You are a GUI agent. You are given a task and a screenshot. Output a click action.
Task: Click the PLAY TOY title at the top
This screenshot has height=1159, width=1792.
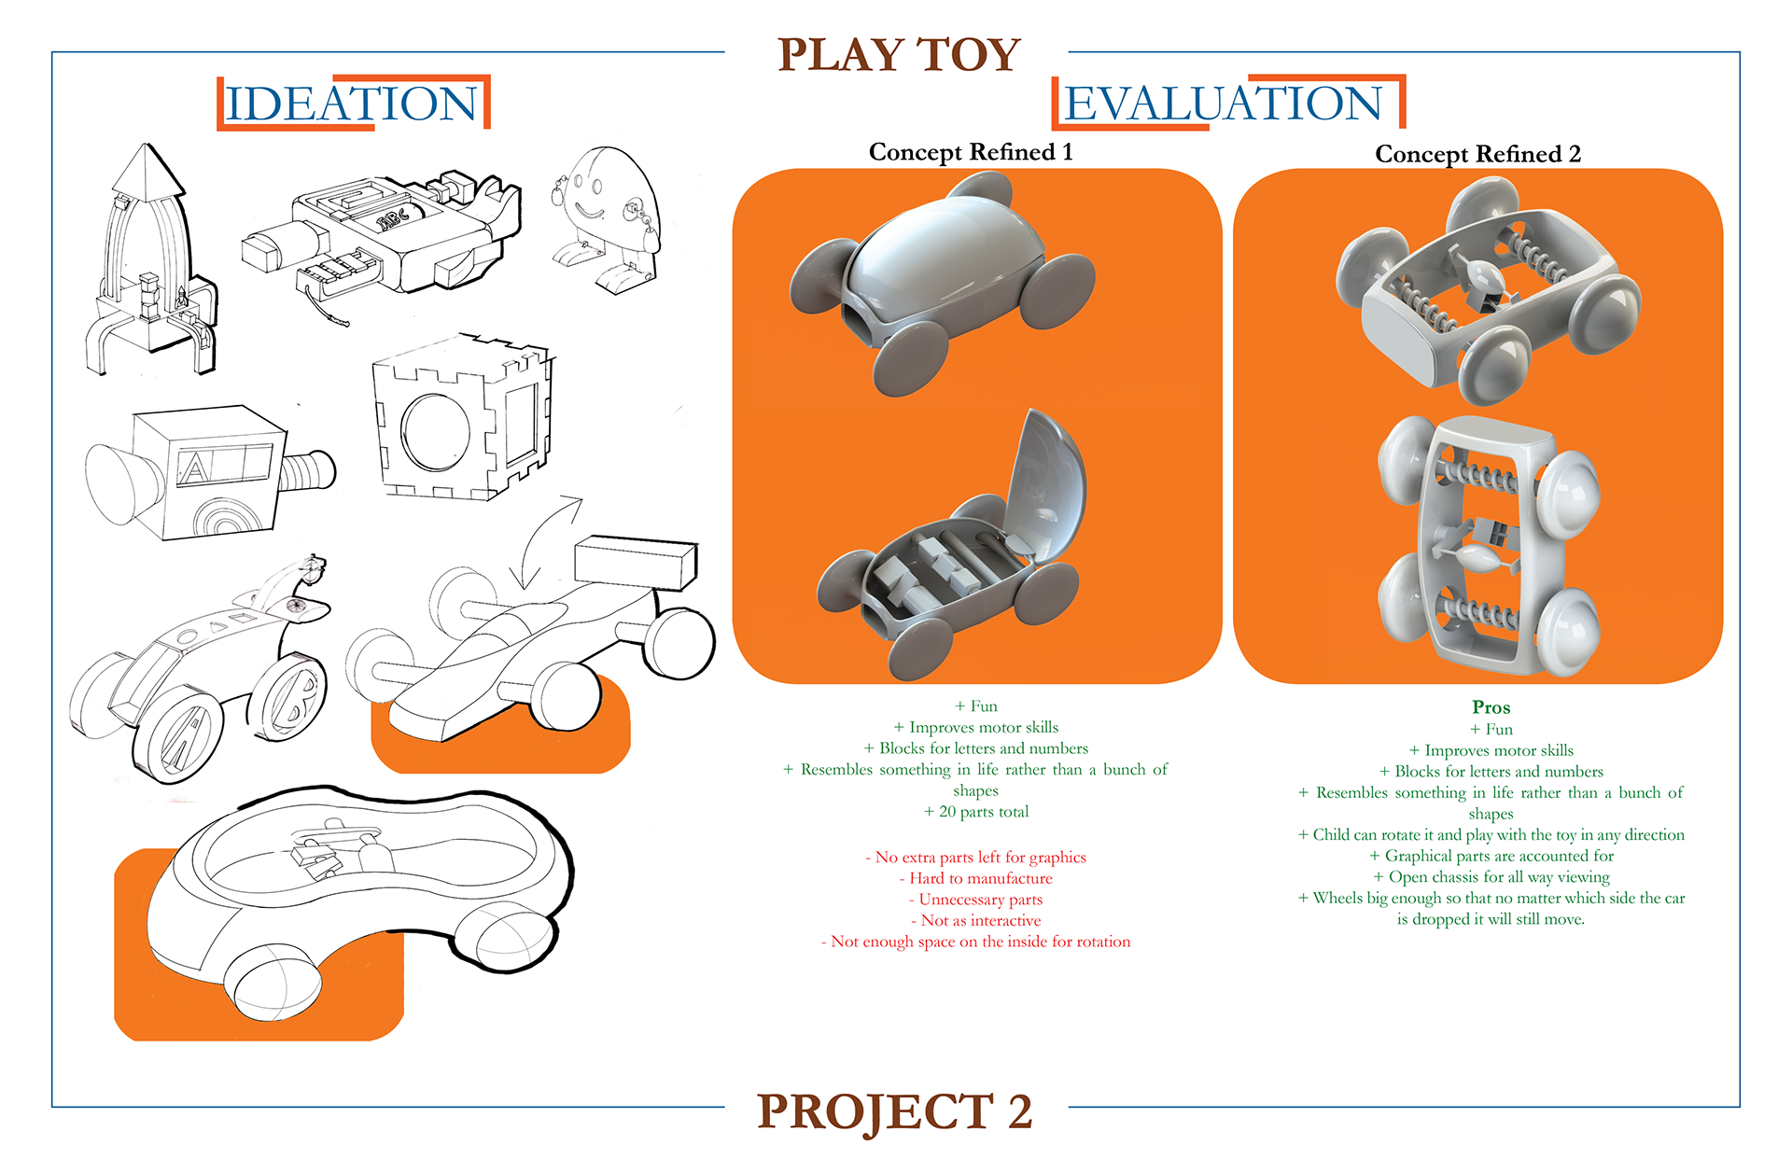tap(899, 55)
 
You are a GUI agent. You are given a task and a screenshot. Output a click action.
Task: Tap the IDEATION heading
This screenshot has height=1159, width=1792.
tap(352, 104)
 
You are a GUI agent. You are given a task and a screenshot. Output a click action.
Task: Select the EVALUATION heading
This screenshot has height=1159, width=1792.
tap(1223, 104)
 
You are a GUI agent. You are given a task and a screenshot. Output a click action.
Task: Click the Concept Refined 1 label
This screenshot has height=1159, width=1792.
tap(971, 152)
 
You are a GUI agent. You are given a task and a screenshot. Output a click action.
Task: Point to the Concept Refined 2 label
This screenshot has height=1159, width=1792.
tap(1477, 154)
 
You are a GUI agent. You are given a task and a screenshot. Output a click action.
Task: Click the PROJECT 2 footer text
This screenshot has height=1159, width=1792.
tap(894, 1111)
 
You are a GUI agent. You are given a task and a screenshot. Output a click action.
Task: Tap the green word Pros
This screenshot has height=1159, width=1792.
tap(1491, 707)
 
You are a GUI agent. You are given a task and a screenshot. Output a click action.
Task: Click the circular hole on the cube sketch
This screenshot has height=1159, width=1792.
tap(436, 432)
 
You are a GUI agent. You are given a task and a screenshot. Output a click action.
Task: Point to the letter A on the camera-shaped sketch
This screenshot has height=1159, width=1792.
tap(194, 468)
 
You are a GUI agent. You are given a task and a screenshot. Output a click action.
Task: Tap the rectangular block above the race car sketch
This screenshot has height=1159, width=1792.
tap(636, 562)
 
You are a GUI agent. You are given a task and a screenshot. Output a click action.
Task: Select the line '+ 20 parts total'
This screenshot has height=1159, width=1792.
tap(976, 812)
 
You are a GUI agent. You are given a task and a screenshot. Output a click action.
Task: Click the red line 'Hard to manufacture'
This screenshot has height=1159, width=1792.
tap(976, 878)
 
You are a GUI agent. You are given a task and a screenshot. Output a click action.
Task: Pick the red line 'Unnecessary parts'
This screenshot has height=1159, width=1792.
tap(976, 900)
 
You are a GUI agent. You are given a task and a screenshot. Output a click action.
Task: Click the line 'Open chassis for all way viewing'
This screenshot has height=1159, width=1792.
tap(1491, 877)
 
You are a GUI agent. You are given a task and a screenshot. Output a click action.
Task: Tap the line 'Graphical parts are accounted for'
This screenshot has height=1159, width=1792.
tap(1491, 856)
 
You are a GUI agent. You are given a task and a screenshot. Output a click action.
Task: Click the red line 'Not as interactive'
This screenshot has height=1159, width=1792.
tap(976, 920)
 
